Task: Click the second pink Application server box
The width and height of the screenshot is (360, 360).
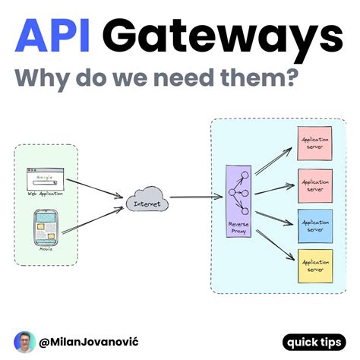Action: click(314, 184)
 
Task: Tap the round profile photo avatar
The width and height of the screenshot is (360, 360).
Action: click(24, 341)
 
